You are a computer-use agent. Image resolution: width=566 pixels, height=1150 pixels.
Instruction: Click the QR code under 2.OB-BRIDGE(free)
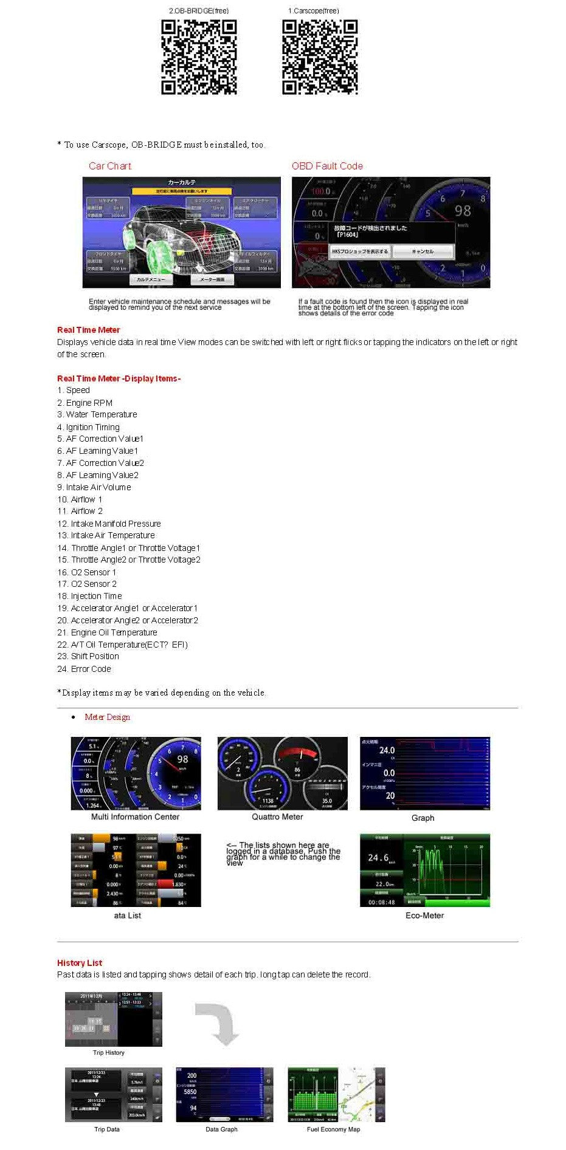199,57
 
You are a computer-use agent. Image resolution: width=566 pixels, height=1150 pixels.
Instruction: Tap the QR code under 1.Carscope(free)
320,57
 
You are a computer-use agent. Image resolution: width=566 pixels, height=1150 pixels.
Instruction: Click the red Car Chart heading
109,166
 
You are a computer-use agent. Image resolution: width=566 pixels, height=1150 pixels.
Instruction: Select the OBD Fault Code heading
327,166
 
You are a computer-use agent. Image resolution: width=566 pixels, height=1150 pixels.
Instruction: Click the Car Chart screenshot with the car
182,232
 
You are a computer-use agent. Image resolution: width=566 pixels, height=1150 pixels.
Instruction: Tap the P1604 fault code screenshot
390,232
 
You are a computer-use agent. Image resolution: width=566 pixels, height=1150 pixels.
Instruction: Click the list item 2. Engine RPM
85,403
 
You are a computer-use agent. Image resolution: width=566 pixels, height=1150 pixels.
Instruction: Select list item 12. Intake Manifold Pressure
109,524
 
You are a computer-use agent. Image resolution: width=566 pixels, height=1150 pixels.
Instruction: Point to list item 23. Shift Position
88,656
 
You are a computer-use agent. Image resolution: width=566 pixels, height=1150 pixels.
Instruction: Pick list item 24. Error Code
85,669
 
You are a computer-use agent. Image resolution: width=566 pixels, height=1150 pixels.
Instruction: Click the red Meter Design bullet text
107,717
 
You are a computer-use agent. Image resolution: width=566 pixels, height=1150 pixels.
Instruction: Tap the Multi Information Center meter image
136,773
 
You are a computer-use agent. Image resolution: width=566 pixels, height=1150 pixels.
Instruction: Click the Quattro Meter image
283,773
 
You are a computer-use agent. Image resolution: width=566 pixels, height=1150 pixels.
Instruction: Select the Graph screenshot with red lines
424,773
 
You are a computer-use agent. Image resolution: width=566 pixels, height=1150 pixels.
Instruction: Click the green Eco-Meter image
424,871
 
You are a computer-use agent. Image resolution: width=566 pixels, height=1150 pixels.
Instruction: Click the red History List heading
80,963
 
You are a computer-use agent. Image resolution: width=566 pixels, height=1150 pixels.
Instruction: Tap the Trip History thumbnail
114,1019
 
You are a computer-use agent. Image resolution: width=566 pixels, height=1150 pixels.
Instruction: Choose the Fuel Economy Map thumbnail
336,1095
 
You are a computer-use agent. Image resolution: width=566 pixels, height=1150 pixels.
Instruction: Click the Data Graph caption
221,1129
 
